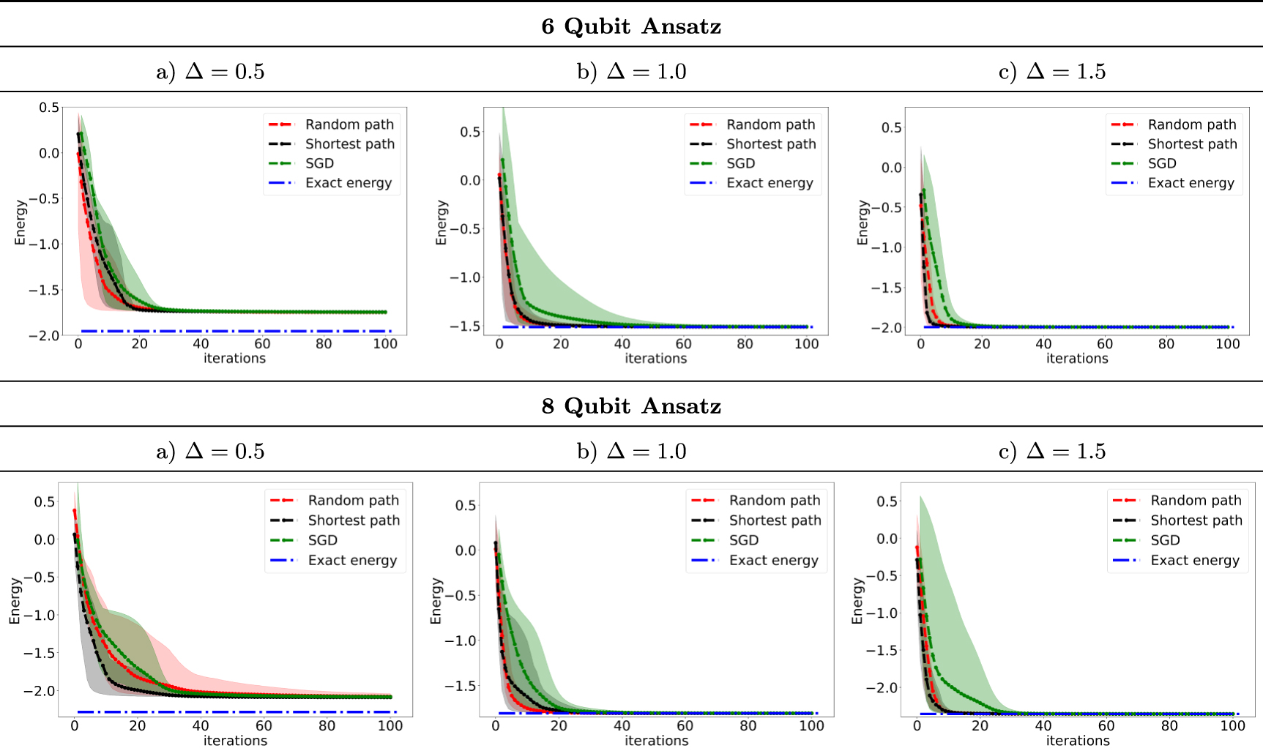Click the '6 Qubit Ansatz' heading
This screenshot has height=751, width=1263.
[631, 26]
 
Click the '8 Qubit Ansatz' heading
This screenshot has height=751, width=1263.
[631, 406]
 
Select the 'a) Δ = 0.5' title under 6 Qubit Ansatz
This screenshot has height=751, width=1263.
[210, 72]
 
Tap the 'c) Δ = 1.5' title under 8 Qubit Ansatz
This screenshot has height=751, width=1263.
[1052, 452]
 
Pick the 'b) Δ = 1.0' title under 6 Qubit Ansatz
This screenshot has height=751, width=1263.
[631, 72]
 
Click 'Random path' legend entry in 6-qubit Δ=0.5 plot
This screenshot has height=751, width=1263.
[349, 124]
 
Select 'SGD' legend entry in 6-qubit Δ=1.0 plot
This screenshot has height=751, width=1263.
[740, 163]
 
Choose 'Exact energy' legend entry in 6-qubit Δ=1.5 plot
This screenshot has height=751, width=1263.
[1191, 183]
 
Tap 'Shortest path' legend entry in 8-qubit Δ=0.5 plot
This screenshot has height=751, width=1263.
[354, 520]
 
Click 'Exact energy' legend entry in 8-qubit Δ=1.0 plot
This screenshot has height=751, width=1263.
[773, 561]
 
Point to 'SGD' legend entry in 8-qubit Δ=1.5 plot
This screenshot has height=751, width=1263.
[1165, 540]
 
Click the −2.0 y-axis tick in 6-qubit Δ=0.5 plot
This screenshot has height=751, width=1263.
[44, 336]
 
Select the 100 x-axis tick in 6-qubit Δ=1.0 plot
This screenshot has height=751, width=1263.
[806, 344]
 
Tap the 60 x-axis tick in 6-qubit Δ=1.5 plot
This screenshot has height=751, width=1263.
[1104, 344]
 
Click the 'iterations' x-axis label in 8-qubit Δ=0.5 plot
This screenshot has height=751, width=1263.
[235, 741]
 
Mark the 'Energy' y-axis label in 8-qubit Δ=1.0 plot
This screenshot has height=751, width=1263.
[436, 601]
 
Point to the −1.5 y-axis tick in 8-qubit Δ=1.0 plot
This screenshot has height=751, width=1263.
[461, 686]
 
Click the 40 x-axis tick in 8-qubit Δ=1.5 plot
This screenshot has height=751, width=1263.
[1043, 726]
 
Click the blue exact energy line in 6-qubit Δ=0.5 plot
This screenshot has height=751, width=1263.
[234, 332]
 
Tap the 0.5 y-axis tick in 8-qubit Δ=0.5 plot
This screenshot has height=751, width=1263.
[45, 502]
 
